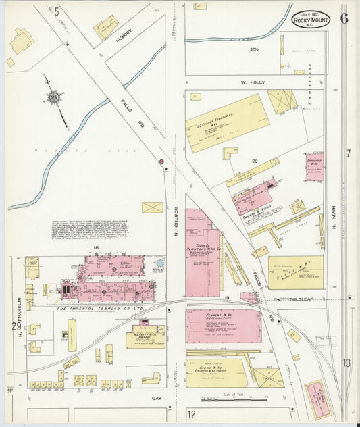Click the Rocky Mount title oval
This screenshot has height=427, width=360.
pos(311,20)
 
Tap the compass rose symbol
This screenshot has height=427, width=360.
pos(53,98)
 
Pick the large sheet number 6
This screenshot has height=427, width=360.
pos(344,18)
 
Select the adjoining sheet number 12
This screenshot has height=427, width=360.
pos(192,413)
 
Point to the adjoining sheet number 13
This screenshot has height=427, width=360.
pos(346,363)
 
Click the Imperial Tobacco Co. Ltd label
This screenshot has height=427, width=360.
pos(100,309)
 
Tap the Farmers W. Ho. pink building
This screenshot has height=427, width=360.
pos(223,326)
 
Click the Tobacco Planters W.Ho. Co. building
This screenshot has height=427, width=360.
pos(203,253)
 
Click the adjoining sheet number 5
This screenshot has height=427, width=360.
pos(57,11)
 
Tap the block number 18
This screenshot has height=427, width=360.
pos(97,249)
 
